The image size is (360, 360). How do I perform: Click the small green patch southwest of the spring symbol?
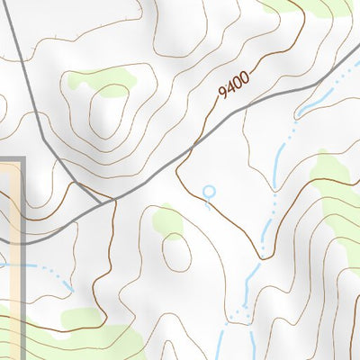[x=166, y=219]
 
